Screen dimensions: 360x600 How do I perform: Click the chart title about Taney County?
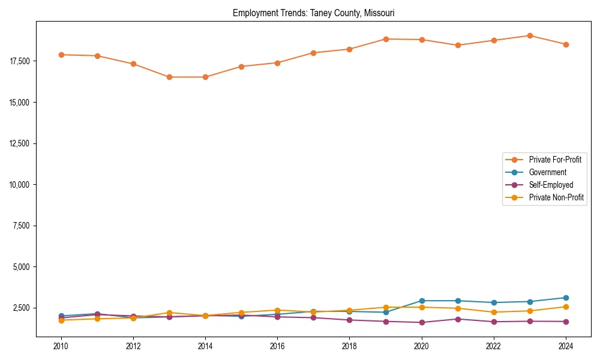pyautogui.click(x=313, y=13)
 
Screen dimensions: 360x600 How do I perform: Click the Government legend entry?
pyautogui.click(x=547, y=172)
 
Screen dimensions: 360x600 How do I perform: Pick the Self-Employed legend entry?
pyautogui.click(x=551, y=185)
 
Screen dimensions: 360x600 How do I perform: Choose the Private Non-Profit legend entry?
pyautogui.click(x=556, y=197)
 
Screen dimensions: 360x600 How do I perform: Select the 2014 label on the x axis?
pyautogui.click(x=205, y=346)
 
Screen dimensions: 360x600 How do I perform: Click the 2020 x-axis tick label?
pyautogui.click(x=421, y=346)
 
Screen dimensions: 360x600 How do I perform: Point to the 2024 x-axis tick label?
pyautogui.click(x=565, y=346)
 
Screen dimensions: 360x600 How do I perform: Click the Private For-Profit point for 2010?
pyautogui.click(x=61, y=55)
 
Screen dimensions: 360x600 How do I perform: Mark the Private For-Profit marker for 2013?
pyautogui.click(x=169, y=77)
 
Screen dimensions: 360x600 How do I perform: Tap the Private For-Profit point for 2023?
pyautogui.click(x=530, y=35)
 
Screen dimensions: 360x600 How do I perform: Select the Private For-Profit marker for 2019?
pyautogui.click(x=386, y=39)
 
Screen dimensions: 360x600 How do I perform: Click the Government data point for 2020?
pyautogui.click(x=422, y=301)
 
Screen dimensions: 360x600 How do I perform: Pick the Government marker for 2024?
pyautogui.click(x=566, y=298)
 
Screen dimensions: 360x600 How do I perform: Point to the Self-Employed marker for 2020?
pyautogui.click(x=422, y=322)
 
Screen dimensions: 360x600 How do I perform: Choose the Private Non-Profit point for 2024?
pyautogui.click(x=566, y=307)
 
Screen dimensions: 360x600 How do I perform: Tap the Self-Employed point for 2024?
pyautogui.click(x=566, y=322)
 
